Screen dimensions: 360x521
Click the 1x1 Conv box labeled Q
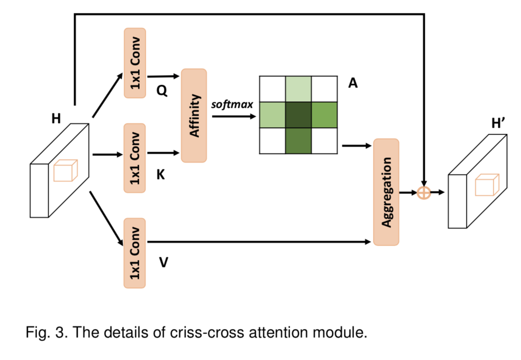click(135, 63)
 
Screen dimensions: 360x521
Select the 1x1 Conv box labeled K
click(135, 158)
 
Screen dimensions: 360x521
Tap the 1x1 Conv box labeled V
click(135, 253)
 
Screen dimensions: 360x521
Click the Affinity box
click(194, 116)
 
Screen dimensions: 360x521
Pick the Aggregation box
click(386, 192)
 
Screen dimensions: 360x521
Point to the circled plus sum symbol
click(424, 192)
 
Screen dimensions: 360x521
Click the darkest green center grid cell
click(298, 114)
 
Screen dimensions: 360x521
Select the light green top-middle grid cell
click(298, 88)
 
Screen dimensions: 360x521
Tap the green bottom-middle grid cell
click(298, 140)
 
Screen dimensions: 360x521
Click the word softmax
click(232, 104)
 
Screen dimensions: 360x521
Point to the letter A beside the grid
click(353, 84)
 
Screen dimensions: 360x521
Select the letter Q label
click(161, 91)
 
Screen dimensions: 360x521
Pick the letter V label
click(163, 263)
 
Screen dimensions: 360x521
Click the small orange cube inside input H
click(65, 170)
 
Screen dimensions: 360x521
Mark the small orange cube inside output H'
click(487, 185)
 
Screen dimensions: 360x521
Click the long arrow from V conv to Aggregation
click(259, 242)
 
